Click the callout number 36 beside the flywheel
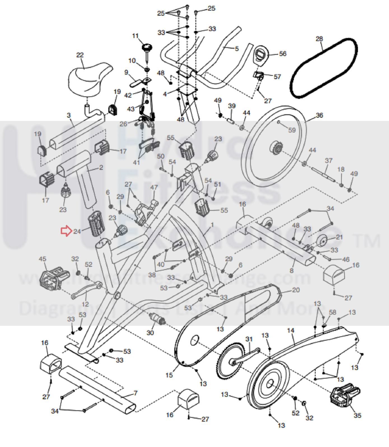tap(319, 115)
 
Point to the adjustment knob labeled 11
tap(147, 48)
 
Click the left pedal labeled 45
tap(54, 277)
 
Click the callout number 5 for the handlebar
tap(237, 49)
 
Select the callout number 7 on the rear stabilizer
tap(136, 393)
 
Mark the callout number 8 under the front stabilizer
tap(292, 270)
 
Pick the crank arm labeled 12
tap(86, 291)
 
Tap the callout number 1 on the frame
tap(212, 224)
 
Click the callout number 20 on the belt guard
tap(296, 290)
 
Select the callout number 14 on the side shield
tap(290, 330)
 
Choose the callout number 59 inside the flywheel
tap(292, 130)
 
